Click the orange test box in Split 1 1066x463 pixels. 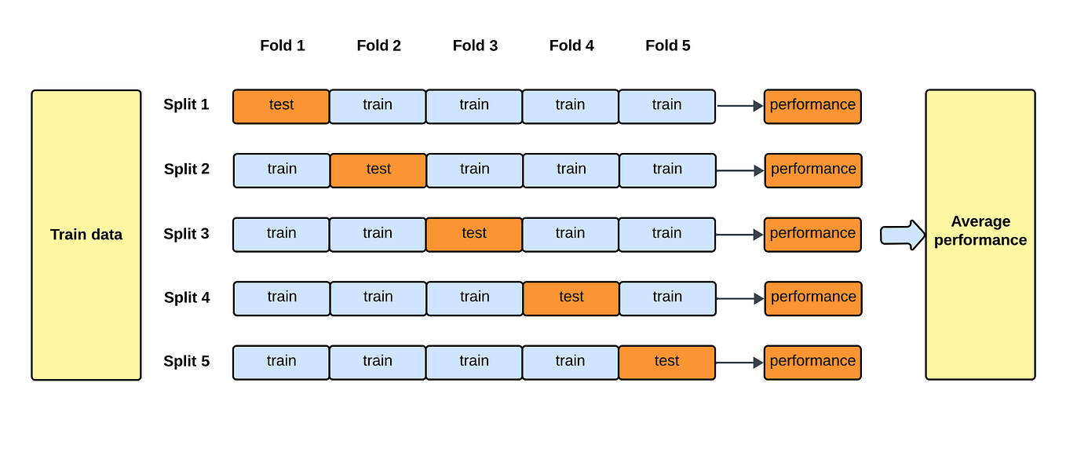281,106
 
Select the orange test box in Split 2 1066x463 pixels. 378,170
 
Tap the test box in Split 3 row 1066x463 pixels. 474,235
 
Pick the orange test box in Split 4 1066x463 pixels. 571,298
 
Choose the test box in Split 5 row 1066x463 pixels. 666,363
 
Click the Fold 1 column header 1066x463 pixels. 283,46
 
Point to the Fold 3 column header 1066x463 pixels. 475,46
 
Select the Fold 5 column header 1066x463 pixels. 668,46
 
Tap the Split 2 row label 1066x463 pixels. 187,169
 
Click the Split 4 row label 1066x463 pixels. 187,297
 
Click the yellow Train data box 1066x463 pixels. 86,235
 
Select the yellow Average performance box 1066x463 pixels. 980,235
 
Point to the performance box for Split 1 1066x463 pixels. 812,106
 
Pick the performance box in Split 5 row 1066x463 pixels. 812,363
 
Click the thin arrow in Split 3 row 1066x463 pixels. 739,235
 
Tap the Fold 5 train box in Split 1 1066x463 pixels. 666,106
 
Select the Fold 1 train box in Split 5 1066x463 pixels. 281,363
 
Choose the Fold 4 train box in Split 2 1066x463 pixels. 571,170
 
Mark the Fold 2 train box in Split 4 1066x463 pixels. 378,298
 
